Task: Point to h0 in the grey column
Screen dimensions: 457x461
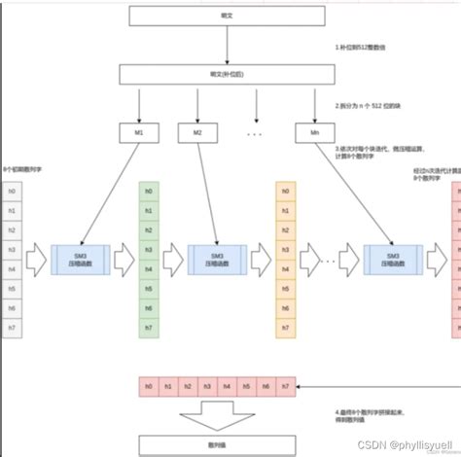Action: coord(12,193)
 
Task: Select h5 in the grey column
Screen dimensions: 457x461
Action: coord(12,288)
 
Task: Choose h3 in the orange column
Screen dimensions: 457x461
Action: coord(286,250)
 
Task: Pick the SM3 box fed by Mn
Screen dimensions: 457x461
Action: coord(393,259)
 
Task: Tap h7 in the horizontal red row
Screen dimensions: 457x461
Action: coord(283,387)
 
